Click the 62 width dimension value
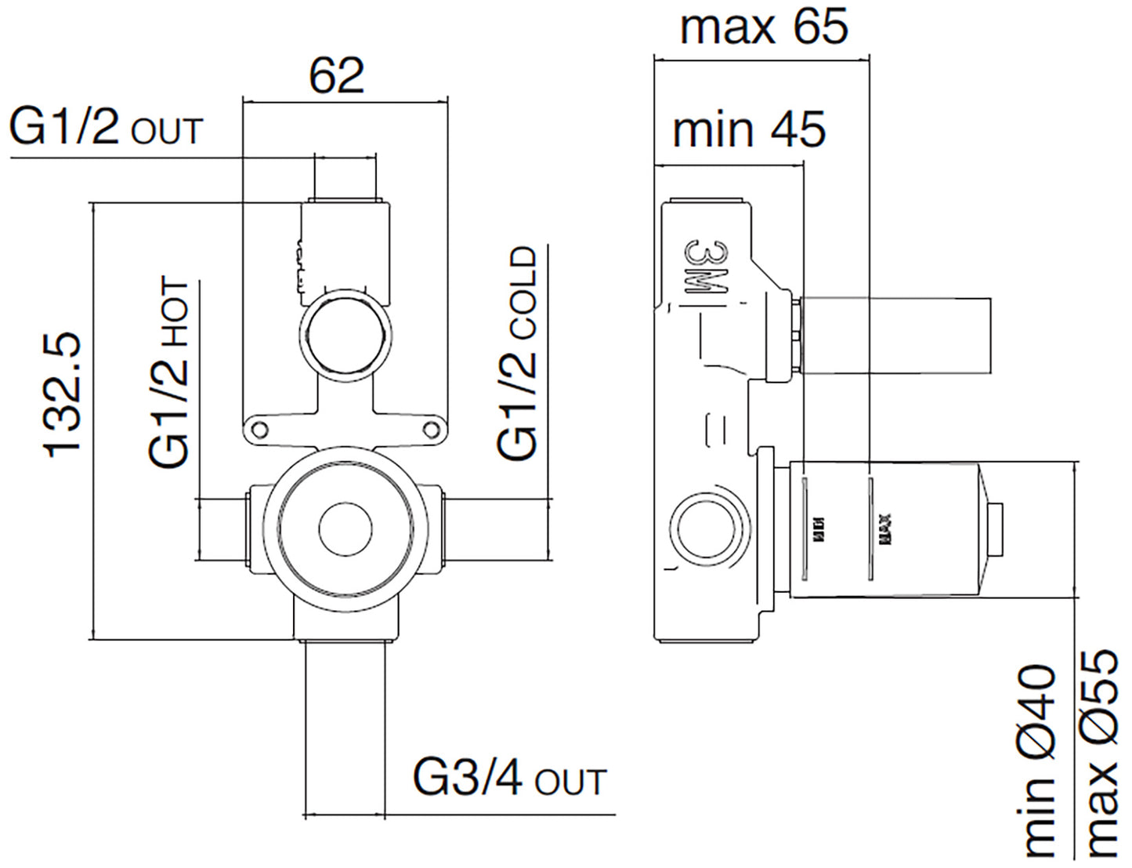click(x=337, y=76)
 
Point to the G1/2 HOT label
click(x=169, y=372)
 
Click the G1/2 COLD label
click(x=518, y=353)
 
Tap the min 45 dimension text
click(x=749, y=129)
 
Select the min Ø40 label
click(x=1039, y=761)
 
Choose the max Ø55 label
click(x=1100, y=753)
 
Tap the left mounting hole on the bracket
click(x=258, y=428)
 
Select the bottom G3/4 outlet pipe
click(x=345, y=725)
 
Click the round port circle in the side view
click(x=706, y=528)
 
